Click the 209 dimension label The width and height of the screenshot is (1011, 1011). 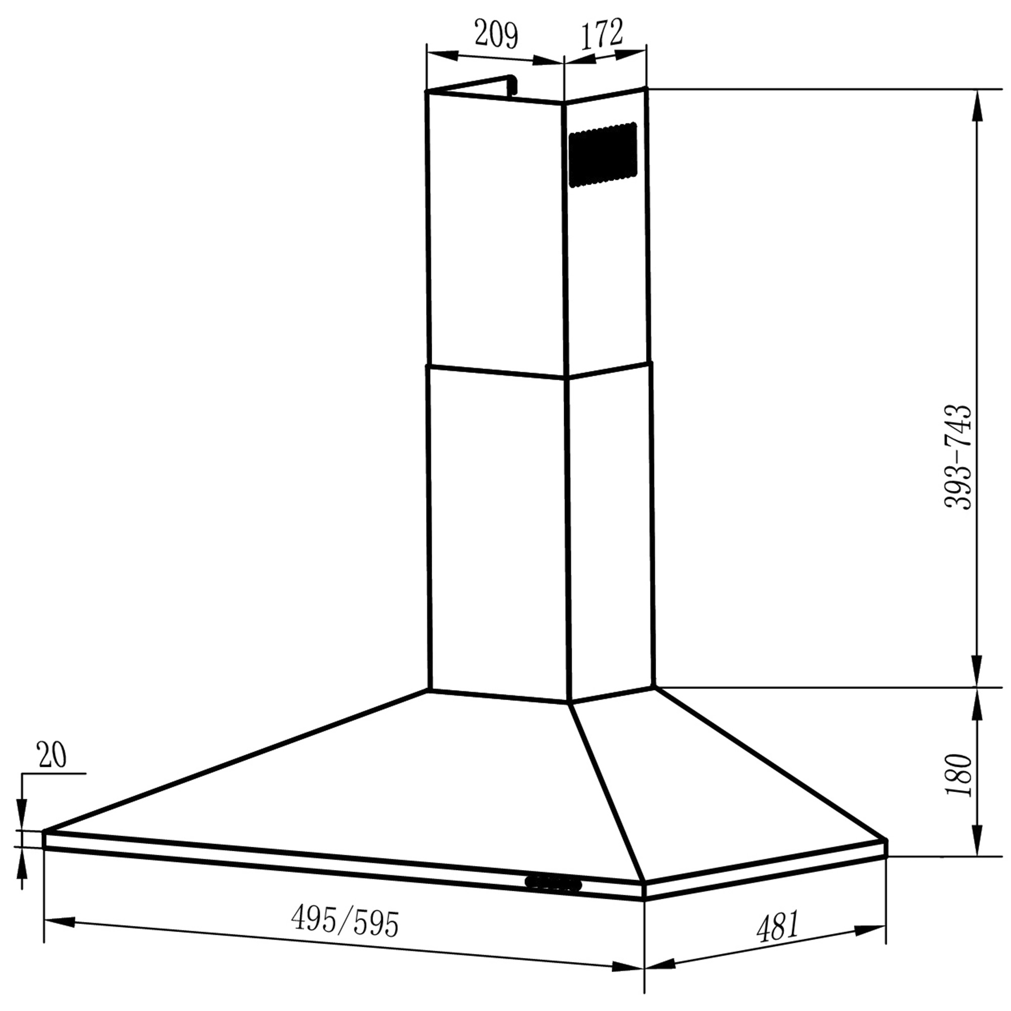(496, 35)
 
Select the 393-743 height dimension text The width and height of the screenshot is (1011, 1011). (957, 456)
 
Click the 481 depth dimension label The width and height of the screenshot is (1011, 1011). (777, 926)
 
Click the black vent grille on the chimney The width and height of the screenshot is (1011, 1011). (603, 154)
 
